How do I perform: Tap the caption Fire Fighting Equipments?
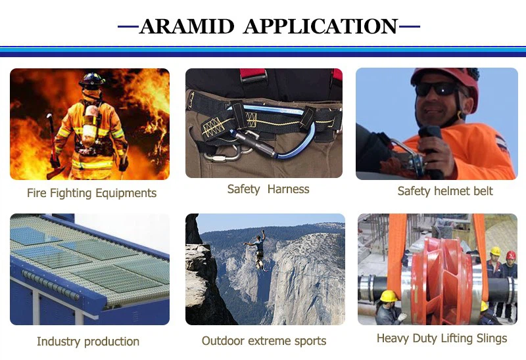tap(91, 193)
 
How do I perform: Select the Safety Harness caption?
tap(268, 189)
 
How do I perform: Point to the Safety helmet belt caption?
tap(445, 191)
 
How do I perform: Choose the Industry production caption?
tap(88, 342)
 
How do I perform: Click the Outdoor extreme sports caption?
tap(264, 341)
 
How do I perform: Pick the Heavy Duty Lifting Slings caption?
tap(442, 338)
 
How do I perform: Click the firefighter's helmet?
tap(93, 80)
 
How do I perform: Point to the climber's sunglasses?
tap(437, 89)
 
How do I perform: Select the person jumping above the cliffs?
tap(257, 248)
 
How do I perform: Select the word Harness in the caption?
tap(287, 189)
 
